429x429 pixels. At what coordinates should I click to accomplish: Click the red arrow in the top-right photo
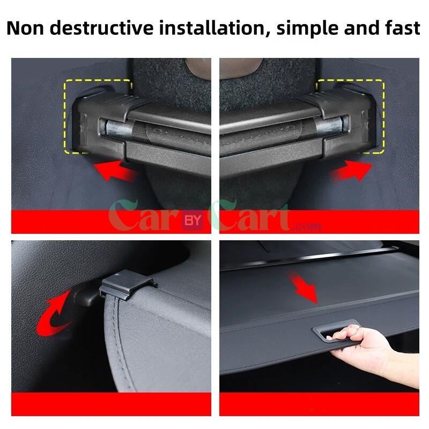point(350,172)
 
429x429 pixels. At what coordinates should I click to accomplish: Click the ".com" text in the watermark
point(307,226)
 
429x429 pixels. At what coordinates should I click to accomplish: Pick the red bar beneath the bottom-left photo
point(110,404)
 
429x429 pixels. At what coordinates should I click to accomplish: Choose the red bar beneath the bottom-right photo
point(319,404)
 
